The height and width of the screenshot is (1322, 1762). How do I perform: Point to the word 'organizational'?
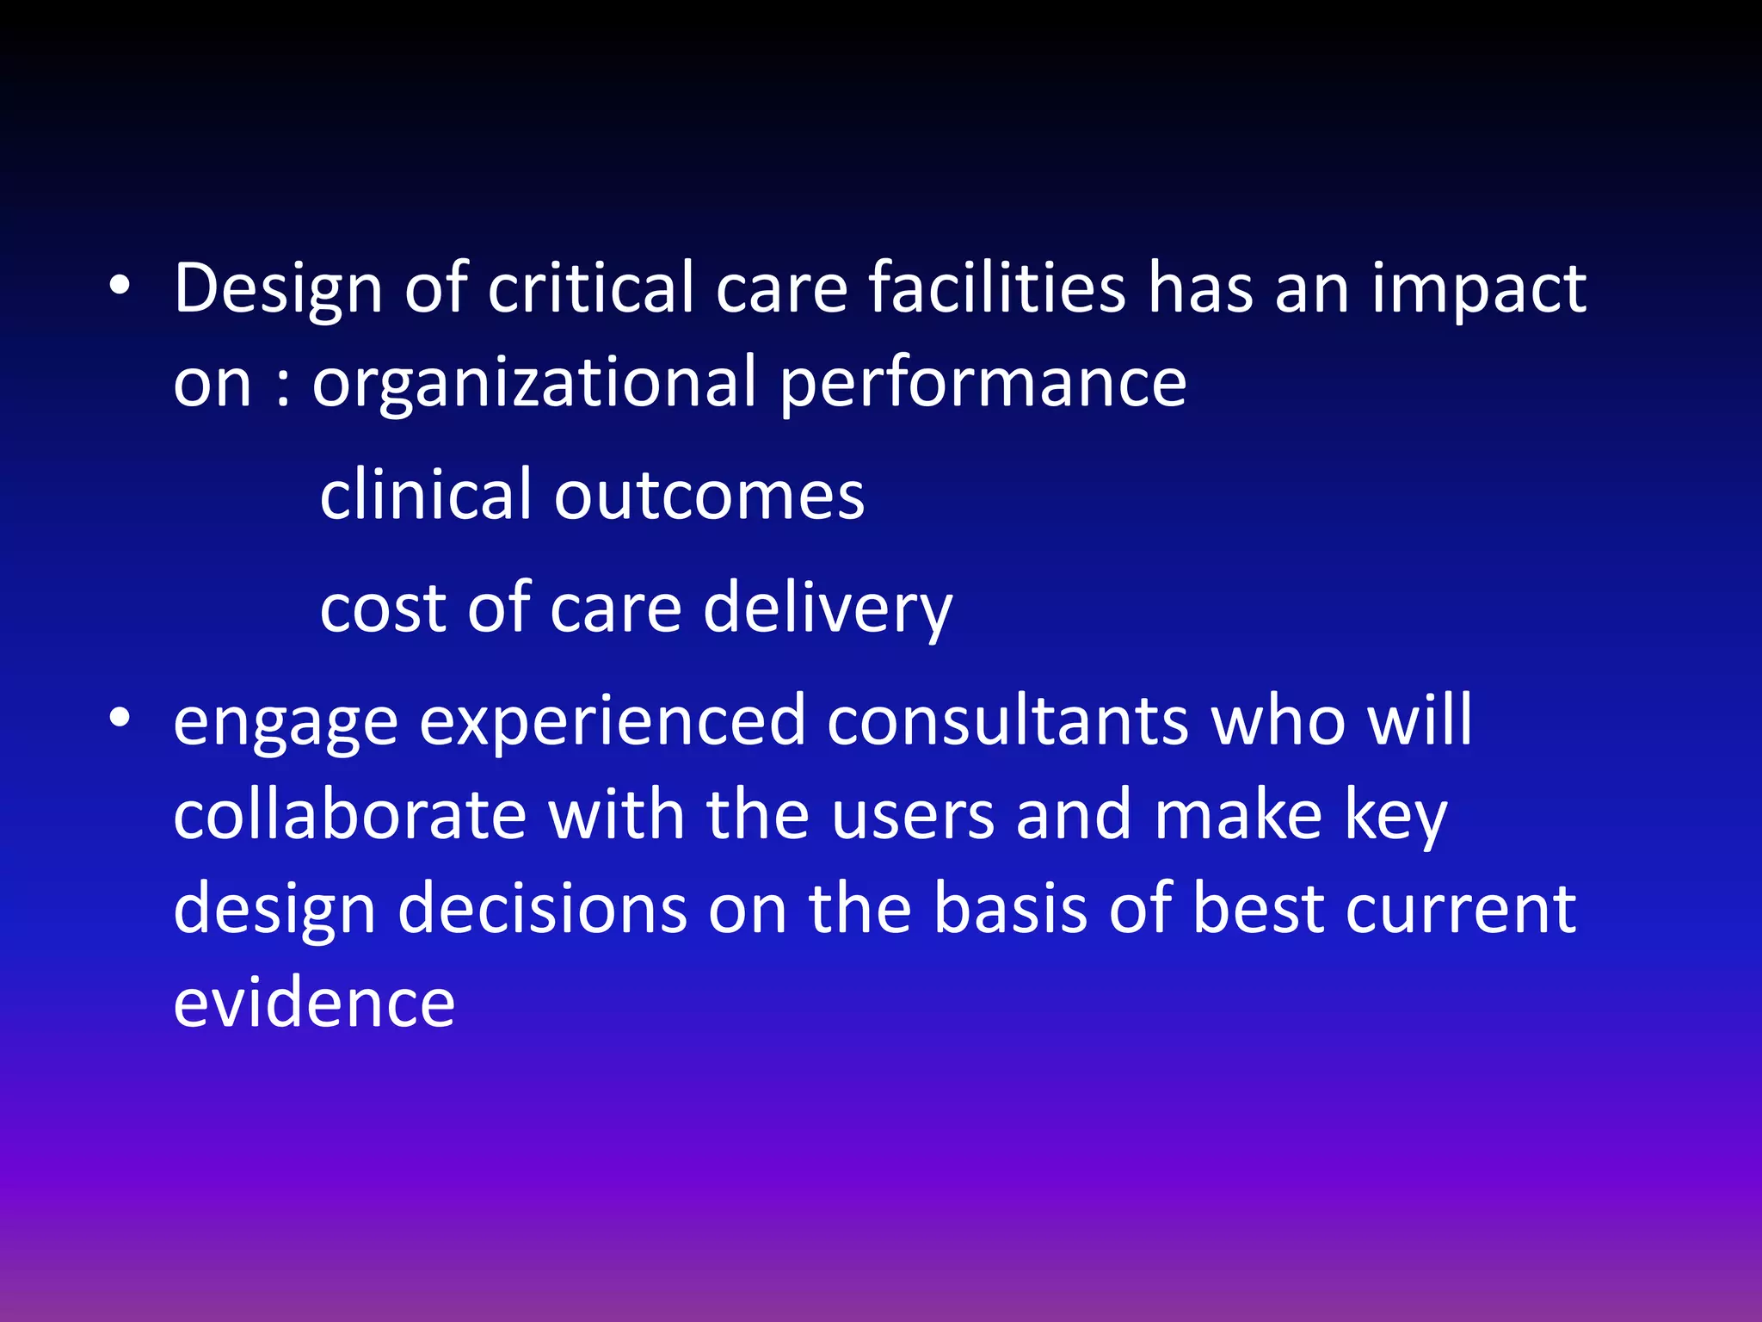533,384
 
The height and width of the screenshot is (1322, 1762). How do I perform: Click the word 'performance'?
983,384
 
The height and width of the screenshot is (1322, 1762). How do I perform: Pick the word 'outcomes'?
709,497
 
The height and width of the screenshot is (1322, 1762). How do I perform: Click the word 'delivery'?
828,609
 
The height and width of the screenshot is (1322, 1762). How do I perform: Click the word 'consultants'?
1007,720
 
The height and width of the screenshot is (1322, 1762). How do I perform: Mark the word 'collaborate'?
350,814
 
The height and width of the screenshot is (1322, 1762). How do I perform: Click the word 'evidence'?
314,1003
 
